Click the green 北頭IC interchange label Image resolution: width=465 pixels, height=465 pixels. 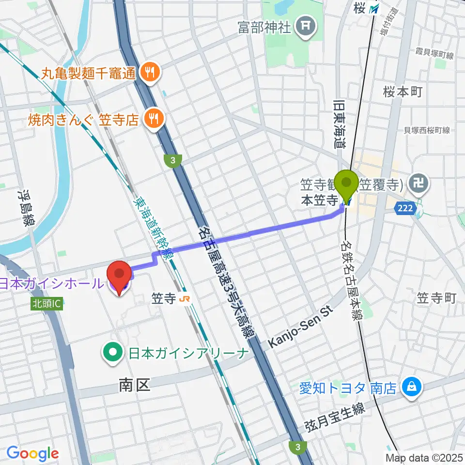[47, 304]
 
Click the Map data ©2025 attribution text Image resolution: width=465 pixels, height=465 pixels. [424, 457]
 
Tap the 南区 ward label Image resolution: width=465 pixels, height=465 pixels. [134, 385]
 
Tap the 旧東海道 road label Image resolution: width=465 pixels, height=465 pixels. [338, 123]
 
